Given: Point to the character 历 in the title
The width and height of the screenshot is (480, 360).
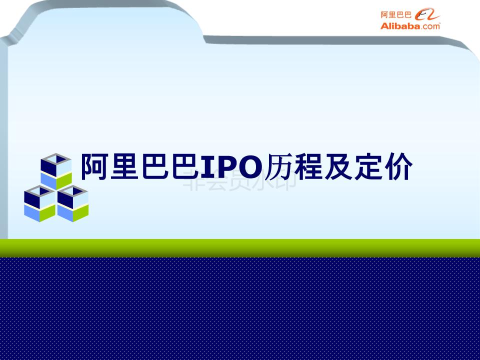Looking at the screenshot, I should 279,167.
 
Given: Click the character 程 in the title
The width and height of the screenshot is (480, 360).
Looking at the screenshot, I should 307,167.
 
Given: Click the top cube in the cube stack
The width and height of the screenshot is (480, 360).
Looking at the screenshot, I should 55,170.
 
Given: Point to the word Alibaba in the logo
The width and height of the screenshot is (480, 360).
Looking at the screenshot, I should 399,26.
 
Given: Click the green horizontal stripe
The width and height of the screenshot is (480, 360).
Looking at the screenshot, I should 240,248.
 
